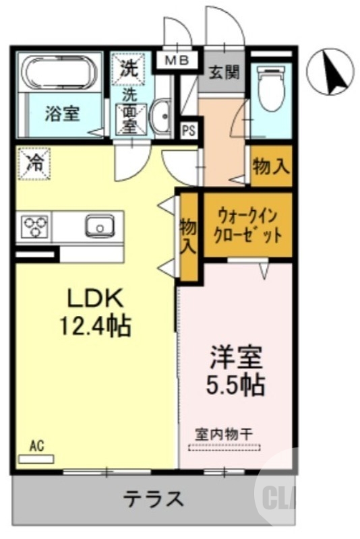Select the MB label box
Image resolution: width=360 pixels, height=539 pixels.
[x=178, y=61]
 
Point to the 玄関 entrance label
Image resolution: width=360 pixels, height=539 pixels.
[x=224, y=72]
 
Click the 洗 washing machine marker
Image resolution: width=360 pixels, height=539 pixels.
[x=127, y=67]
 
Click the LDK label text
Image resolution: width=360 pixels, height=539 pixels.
[x=95, y=297]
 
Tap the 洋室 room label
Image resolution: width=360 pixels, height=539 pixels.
[x=234, y=356]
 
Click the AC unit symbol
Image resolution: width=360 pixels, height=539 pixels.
[x=36, y=458]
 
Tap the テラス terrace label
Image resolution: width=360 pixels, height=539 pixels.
[x=153, y=499]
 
